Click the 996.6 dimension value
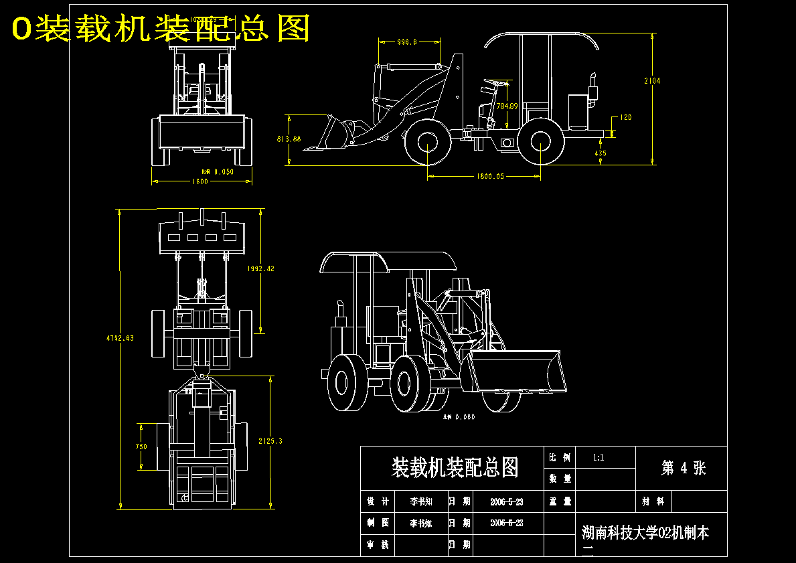(x=407, y=42)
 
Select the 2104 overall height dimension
(x=652, y=81)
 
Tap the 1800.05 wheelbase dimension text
(x=490, y=177)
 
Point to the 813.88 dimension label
(x=289, y=139)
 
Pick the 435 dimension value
(x=601, y=153)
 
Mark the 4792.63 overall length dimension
(x=120, y=338)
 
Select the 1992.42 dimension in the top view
(x=260, y=268)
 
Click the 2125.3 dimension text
(x=270, y=441)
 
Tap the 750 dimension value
(x=141, y=447)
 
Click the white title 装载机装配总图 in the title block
(x=455, y=467)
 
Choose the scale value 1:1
(x=599, y=458)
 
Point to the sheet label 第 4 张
(x=683, y=468)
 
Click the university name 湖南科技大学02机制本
(x=645, y=533)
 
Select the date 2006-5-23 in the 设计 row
(x=507, y=501)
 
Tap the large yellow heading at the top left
(x=161, y=28)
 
